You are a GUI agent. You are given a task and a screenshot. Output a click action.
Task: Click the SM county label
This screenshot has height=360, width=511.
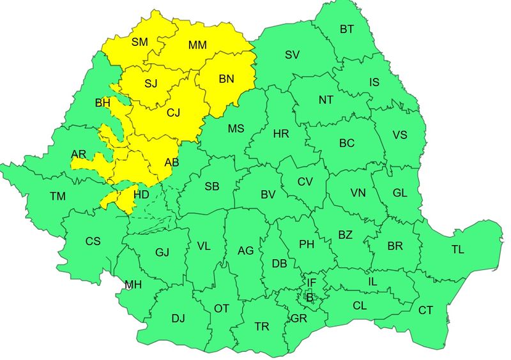pos(139,42)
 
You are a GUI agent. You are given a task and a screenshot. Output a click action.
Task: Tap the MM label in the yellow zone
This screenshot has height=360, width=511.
pos(197,45)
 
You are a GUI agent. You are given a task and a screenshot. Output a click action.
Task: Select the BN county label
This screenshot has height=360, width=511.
pos(227,79)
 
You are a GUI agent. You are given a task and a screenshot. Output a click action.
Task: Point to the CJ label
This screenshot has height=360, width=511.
pos(174,113)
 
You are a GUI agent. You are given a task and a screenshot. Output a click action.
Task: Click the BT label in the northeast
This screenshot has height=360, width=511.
pos(347,29)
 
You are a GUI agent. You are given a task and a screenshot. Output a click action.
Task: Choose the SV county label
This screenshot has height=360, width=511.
pos(292,55)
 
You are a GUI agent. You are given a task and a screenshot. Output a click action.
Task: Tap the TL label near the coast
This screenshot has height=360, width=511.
pos(457,250)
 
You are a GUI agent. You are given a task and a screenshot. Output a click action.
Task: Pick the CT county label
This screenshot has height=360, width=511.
pos(425,310)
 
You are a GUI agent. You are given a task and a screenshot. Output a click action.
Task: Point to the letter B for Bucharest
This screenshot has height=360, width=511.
pos(310,296)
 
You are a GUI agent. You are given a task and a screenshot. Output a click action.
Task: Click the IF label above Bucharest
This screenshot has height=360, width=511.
pos(311,282)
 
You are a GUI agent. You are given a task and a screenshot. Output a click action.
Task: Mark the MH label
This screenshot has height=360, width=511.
pos(133,285)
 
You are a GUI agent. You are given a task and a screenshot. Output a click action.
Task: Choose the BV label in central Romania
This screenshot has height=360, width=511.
pos(268,194)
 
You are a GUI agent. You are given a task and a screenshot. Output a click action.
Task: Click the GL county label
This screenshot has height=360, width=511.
pos(400,193)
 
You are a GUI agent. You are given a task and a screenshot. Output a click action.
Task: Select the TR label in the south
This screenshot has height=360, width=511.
pos(261,326)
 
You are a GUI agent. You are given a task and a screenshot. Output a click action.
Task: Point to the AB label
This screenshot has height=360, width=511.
pos(172,163)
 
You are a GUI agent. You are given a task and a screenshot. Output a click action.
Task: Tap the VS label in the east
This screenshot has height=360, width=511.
pos(400,135)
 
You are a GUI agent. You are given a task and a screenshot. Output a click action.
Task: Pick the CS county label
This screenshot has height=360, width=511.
pos(93,241)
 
